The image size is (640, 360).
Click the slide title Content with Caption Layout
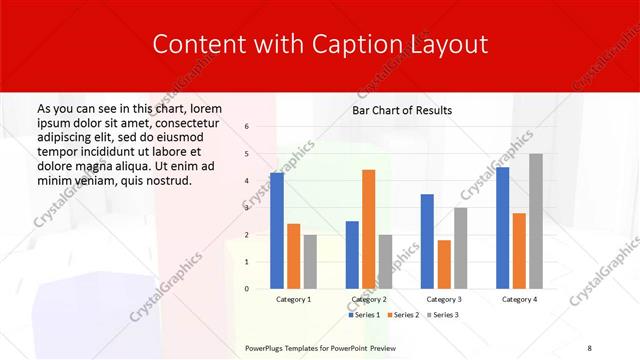click(320, 45)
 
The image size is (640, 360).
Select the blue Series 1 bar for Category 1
click(277, 231)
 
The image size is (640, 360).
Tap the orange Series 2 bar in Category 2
click(368, 229)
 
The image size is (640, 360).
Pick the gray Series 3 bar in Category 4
click(536, 221)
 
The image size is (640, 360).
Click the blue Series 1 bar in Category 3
click(427, 241)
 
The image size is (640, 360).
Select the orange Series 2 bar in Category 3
click(444, 264)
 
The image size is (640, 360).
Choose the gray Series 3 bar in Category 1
click(310, 262)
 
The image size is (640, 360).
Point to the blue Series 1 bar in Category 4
click(502, 228)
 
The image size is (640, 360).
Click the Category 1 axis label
click(293, 299)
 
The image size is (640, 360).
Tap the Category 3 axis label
click(444, 299)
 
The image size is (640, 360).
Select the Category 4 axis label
click(519, 299)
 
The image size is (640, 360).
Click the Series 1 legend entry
click(365, 315)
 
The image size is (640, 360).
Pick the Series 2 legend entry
click(403, 315)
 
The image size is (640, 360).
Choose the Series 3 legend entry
click(443, 315)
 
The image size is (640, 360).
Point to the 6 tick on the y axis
click(246, 127)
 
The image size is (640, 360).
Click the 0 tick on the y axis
click(246, 289)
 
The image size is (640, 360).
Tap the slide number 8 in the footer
click(590, 346)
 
